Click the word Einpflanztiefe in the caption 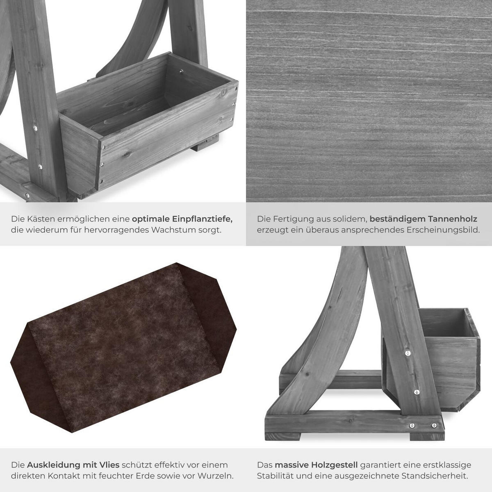(202, 219)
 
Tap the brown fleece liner (123, 348)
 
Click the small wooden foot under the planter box (207, 143)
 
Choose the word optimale (150, 219)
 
